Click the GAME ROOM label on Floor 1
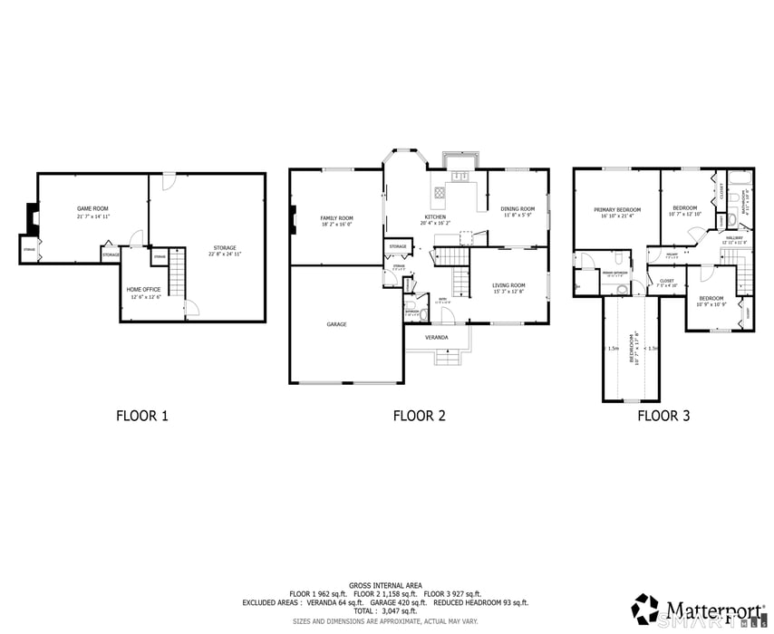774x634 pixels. pyautogui.click(x=93, y=209)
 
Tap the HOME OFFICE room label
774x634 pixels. pyautogui.click(x=143, y=290)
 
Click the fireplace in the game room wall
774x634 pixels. pyautogui.click(x=34, y=218)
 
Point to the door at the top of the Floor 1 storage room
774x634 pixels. pyautogui.click(x=166, y=182)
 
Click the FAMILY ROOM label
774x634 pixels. pyautogui.click(x=336, y=218)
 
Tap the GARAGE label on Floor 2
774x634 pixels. pyautogui.click(x=336, y=323)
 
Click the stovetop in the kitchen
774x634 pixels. pyautogui.click(x=439, y=192)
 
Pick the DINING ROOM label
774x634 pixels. pyautogui.click(x=518, y=209)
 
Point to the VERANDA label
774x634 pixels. pyautogui.click(x=437, y=337)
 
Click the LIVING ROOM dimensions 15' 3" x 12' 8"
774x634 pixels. pyautogui.click(x=508, y=292)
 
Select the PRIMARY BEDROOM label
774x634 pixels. pyautogui.click(x=617, y=209)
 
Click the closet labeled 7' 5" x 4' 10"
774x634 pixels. pyautogui.click(x=666, y=283)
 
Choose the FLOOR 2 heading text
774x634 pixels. pyautogui.click(x=419, y=417)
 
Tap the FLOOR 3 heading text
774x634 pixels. pyautogui.click(x=663, y=417)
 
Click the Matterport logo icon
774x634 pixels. pyautogui.click(x=645, y=608)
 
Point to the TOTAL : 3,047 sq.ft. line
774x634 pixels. pyautogui.click(x=385, y=611)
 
